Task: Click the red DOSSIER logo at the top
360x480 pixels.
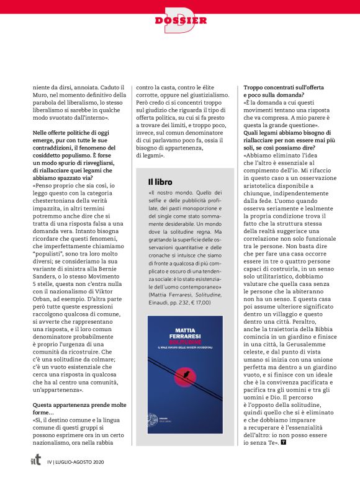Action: [180, 19]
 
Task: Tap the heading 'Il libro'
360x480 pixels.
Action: [160, 182]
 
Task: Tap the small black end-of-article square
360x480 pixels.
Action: [301, 442]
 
